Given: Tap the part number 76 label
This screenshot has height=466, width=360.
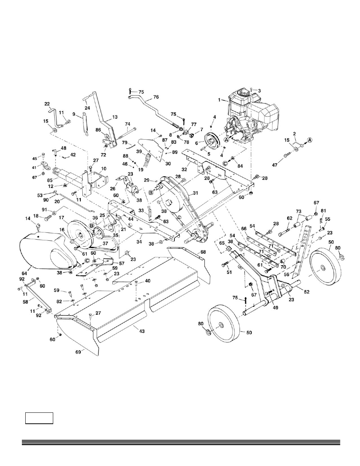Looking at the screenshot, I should click(156, 97).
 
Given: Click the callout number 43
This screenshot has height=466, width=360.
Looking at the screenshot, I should click(142, 331).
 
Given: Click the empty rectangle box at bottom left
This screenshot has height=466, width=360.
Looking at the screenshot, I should click(39, 418).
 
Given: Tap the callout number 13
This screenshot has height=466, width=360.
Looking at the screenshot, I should click(115, 117).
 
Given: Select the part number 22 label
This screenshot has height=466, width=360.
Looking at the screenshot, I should click(47, 104).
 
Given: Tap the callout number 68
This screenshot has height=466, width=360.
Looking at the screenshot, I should click(203, 251).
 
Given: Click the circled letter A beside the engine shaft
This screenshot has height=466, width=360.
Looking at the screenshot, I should click(226, 139).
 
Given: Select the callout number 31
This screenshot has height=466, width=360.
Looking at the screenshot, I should click(195, 193).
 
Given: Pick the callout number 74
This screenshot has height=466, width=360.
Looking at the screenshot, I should click(127, 124).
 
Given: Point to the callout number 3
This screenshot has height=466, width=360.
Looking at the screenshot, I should click(258, 91).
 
